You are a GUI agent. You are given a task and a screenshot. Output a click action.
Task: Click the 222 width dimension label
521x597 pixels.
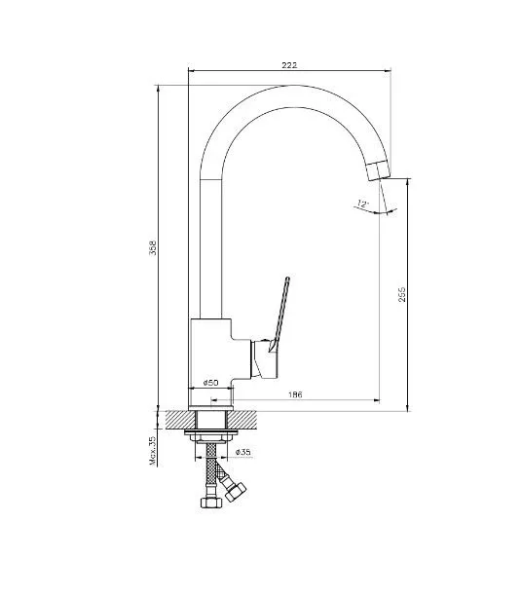coord(289,65)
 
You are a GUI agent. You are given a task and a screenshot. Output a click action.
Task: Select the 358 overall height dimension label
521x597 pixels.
coord(153,247)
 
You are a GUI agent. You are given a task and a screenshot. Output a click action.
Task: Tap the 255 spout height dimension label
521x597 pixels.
coord(402,295)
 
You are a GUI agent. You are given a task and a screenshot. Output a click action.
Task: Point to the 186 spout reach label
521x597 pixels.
coord(295,394)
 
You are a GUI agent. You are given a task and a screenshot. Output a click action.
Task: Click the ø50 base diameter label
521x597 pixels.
coord(211,383)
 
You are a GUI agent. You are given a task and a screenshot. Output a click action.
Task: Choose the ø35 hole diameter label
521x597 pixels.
coord(243,452)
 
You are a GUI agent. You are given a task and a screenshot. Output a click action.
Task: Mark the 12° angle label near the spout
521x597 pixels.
coord(363,204)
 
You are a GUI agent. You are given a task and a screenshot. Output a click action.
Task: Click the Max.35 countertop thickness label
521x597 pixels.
coord(153,451)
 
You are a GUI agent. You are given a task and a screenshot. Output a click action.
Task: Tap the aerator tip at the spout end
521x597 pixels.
coord(380,170)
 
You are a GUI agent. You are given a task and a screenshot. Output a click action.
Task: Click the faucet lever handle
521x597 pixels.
coord(279,314)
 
